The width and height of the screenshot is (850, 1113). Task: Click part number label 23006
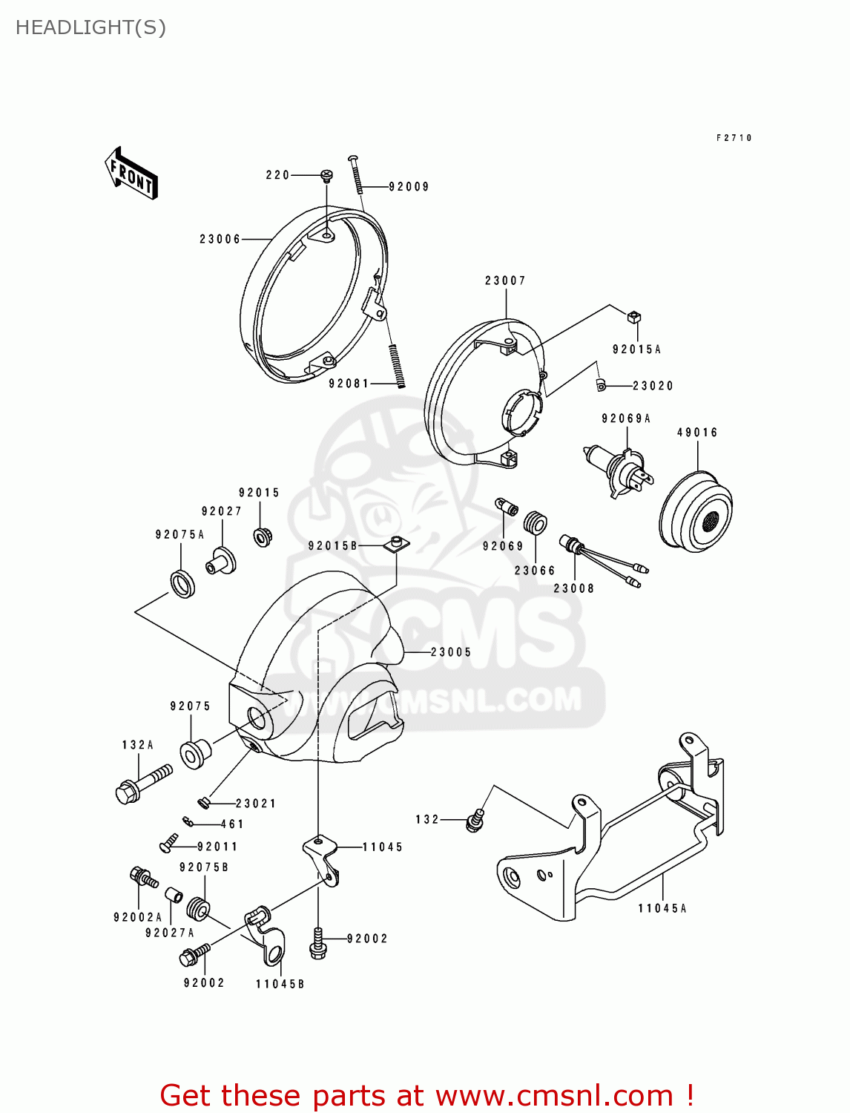[x=220, y=239]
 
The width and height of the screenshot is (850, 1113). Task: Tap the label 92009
[x=409, y=187]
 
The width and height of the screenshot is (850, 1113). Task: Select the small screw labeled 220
[x=326, y=176]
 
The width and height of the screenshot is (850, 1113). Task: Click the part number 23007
[x=505, y=280]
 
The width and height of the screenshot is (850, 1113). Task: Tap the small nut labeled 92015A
[x=633, y=317]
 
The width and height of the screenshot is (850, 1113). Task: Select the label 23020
[x=653, y=386]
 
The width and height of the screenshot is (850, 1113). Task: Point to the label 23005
[x=451, y=652]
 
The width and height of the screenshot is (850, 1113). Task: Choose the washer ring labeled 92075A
[x=182, y=582]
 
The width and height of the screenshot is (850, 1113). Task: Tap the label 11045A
[x=662, y=908]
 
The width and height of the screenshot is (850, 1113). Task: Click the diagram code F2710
[x=734, y=138]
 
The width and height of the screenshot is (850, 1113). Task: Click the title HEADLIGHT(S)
[x=90, y=27]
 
